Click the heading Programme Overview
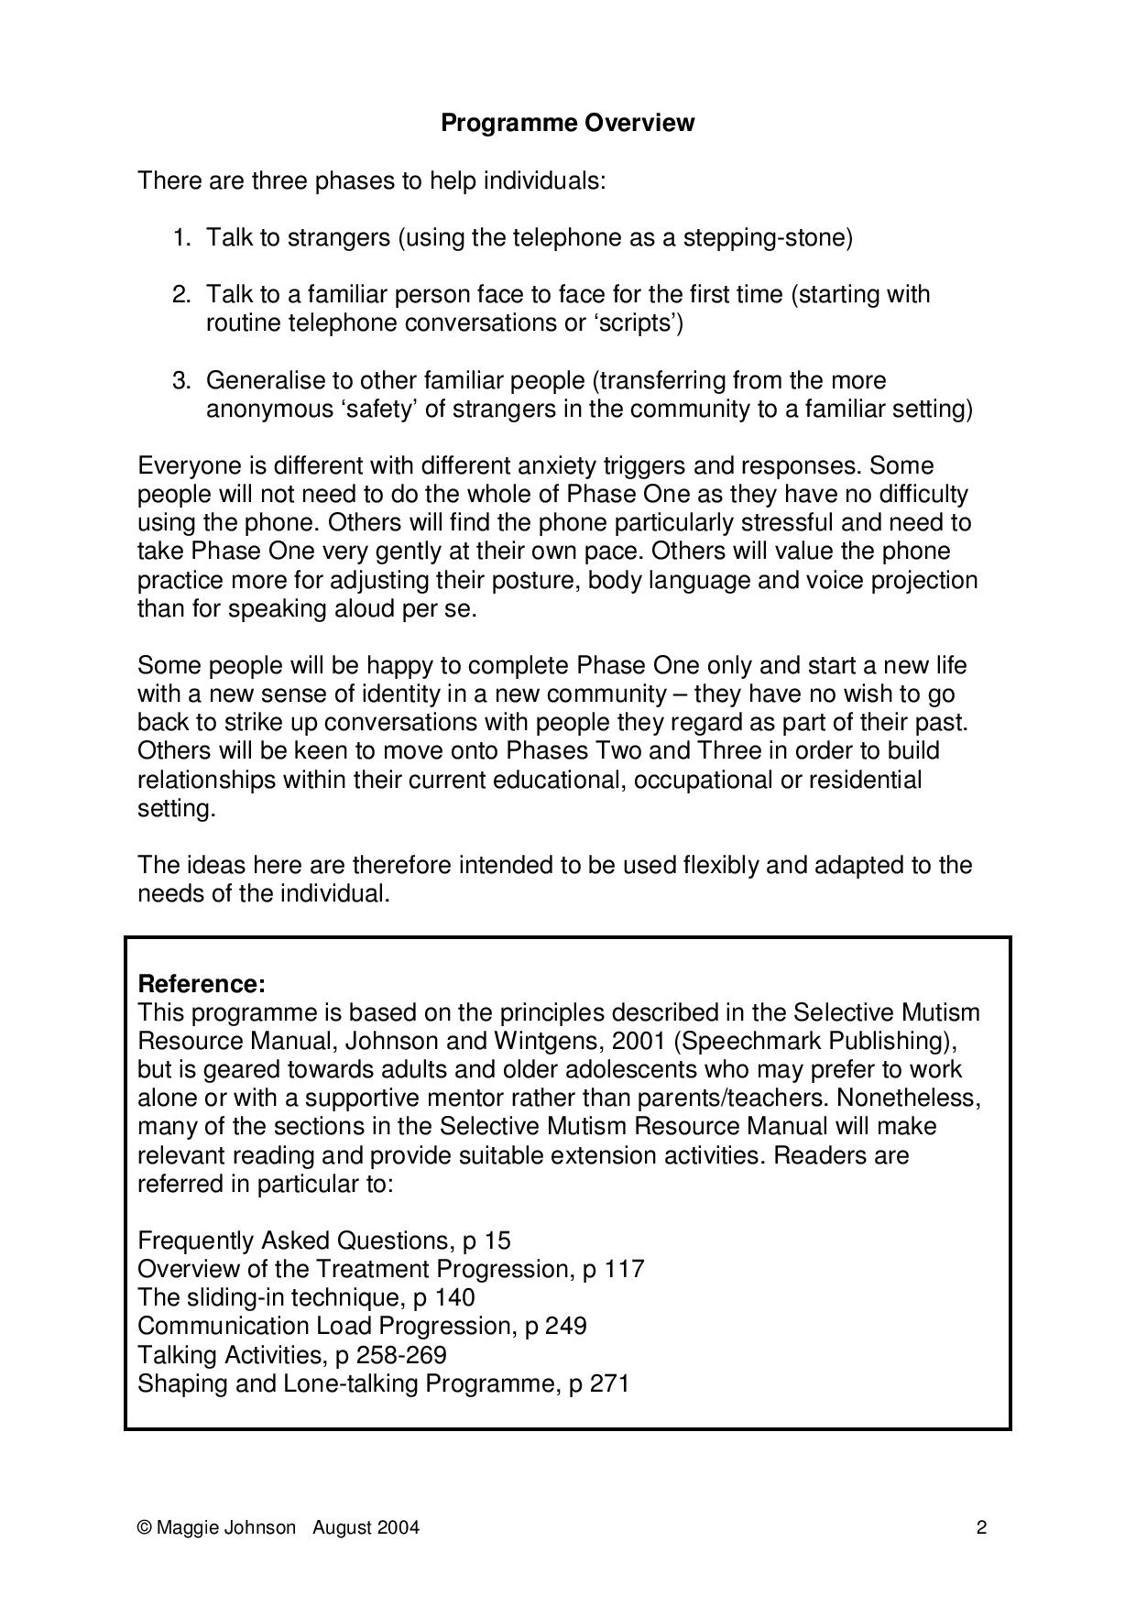tap(567, 123)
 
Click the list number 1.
tap(180, 238)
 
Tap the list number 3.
tap(180, 380)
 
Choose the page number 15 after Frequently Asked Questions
tap(497, 1241)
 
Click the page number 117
tap(624, 1269)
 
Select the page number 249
tap(565, 1326)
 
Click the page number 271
tap(608, 1383)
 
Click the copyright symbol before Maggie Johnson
tap(144, 1527)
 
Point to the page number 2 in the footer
tap(981, 1527)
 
